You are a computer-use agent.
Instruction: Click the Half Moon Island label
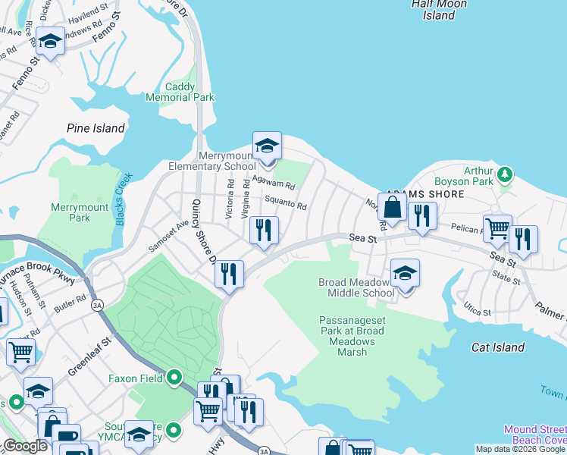point(439,9)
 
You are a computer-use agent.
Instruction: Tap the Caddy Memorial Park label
point(180,92)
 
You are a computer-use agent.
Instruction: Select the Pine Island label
point(96,128)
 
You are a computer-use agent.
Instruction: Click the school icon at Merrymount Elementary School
point(267,145)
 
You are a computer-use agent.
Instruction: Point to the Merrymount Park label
point(70,212)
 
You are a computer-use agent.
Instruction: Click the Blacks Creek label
point(124,199)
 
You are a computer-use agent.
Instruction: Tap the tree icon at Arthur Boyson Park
point(505,176)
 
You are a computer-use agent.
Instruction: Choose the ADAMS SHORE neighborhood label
point(424,194)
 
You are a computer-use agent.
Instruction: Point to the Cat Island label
point(497,347)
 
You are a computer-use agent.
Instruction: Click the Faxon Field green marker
point(175,377)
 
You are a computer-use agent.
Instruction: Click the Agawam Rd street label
point(273,184)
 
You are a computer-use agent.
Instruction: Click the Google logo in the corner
point(25,447)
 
